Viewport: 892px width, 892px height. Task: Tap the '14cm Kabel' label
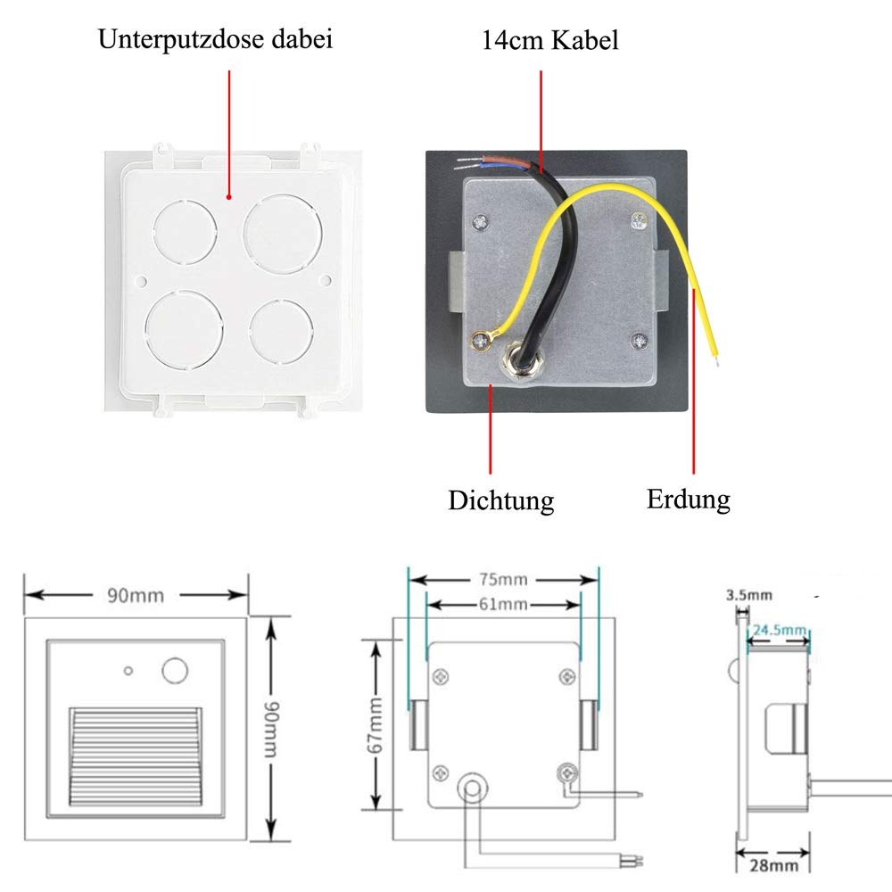tap(549, 40)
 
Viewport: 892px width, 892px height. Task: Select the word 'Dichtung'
tap(500, 500)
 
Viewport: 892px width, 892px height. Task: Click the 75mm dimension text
tap(503, 579)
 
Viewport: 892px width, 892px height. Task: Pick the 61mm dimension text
tap(503, 604)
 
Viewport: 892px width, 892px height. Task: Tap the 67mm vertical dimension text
tap(376, 725)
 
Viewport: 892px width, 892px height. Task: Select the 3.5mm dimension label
tap(749, 595)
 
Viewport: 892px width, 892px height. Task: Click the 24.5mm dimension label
tap(780, 631)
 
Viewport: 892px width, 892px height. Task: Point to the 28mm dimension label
tap(773, 865)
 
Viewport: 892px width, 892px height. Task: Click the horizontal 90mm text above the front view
tap(136, 596)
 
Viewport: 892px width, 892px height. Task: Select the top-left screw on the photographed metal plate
tap(481, 222)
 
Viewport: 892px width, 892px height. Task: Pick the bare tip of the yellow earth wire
tap(716, 359)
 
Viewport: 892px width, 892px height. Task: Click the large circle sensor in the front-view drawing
tap(175, 670)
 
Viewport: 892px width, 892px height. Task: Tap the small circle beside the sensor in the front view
tap(128, 672)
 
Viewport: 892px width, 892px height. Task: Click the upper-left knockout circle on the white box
tap(185, 232)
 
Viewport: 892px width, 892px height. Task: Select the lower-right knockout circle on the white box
tap(282, 332)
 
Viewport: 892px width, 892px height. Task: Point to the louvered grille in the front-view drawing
tap(135, 756)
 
